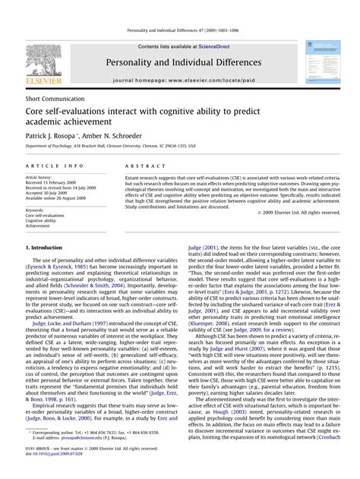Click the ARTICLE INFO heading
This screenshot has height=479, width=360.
pos(55,165)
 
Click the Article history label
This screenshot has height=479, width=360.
pos(38,177)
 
